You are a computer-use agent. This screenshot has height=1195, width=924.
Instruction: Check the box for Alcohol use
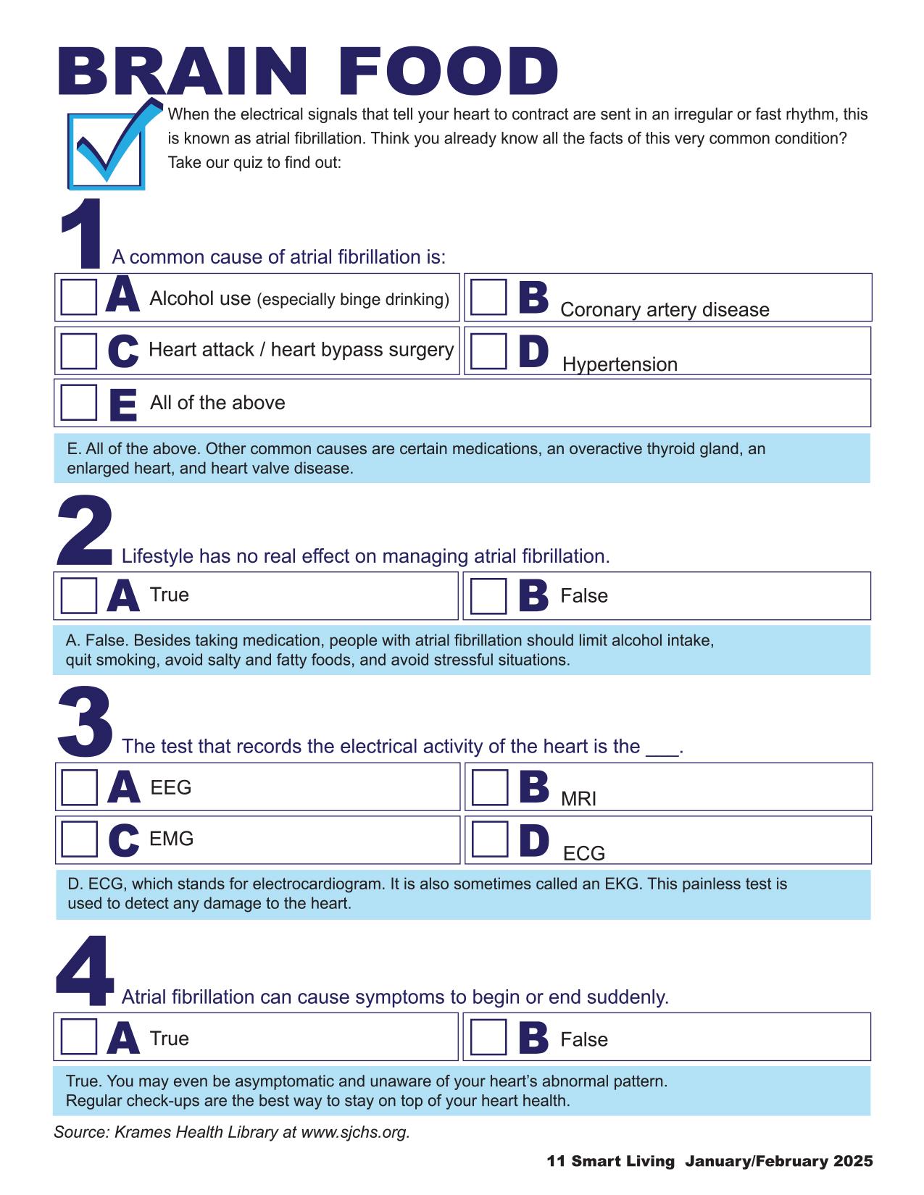tap(79, 297)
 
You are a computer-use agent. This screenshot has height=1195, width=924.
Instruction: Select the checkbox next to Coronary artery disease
tap(488, 297)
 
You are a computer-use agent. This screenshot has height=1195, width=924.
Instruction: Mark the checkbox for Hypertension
tap(488, 351)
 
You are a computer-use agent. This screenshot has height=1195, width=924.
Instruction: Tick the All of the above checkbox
tap(79, 402)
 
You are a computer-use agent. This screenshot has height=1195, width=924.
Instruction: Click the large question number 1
tap(82, 233)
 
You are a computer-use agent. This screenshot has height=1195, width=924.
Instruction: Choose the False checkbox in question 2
tap(488, 596)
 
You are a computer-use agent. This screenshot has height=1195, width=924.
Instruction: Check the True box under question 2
tap(79, 595)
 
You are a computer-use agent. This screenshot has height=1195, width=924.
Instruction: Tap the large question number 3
tap(85, 721)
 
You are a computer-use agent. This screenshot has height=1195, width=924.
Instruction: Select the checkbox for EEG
tap(80, 787)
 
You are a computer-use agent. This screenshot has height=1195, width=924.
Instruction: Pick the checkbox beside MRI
tap(490, 787)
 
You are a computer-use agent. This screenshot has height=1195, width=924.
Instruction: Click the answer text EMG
tap(171, 839)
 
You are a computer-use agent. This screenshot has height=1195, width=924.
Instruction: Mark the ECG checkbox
tap(490, 840)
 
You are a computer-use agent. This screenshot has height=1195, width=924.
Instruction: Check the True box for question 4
tap(79, 1037)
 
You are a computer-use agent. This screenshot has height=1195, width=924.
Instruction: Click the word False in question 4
tap(584, 1040)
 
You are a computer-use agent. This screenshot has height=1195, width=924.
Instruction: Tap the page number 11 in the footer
tap(556, 1162)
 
